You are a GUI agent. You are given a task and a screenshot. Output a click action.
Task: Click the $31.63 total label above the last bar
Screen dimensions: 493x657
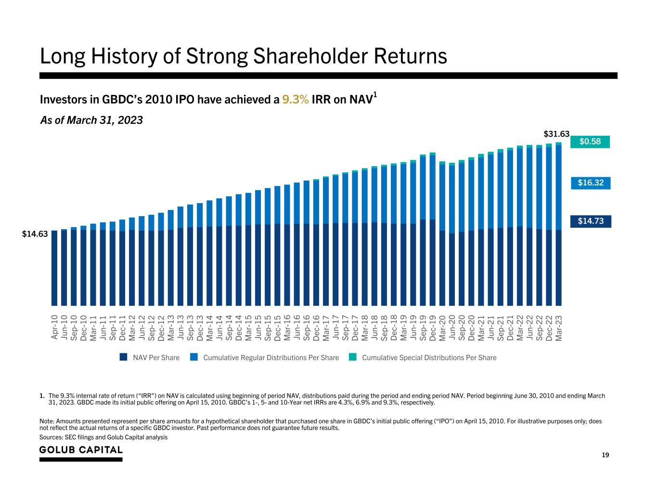pyautogui.click(x=557, y=134)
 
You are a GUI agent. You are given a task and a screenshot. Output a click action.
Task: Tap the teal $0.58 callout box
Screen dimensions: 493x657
pyautogui.click(x=590, y=142)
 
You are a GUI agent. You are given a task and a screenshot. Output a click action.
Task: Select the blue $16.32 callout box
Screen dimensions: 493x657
pyautogui.click(x=591, y=183)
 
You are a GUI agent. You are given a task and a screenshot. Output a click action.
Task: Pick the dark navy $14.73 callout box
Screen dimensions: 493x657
pyautogui.click(x=591, y=221)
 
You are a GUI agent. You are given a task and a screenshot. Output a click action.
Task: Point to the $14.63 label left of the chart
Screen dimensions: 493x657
pyautogui.click(x=35, y=234)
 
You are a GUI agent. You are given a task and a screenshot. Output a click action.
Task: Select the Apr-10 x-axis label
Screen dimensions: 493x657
pyautogui.click(x=54, y=327)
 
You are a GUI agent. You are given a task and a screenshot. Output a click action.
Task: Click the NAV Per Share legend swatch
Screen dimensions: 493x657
pyautogui.click(x=124, y=357)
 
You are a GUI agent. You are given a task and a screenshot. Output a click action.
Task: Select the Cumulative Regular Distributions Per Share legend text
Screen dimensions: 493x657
pyautogui.click(x=271, y=358)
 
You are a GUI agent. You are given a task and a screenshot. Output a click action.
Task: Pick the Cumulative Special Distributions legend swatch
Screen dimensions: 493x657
pyautogui.click(x=353, y=357)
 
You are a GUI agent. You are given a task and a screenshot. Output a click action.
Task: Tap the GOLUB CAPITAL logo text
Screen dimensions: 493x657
pyautogui.click(x=81, y=450)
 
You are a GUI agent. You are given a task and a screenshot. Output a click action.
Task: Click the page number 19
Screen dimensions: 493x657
pyautogui.click(x=605, y=455)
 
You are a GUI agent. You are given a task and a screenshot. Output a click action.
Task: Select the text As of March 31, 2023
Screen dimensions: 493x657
pyautogui.click(x=91, y=120)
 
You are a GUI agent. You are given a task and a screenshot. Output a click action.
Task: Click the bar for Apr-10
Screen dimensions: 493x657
pyautogui.click(x=54, y=268)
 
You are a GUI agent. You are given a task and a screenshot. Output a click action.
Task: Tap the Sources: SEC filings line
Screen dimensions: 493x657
pyautogui.click(x=103, y=437)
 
